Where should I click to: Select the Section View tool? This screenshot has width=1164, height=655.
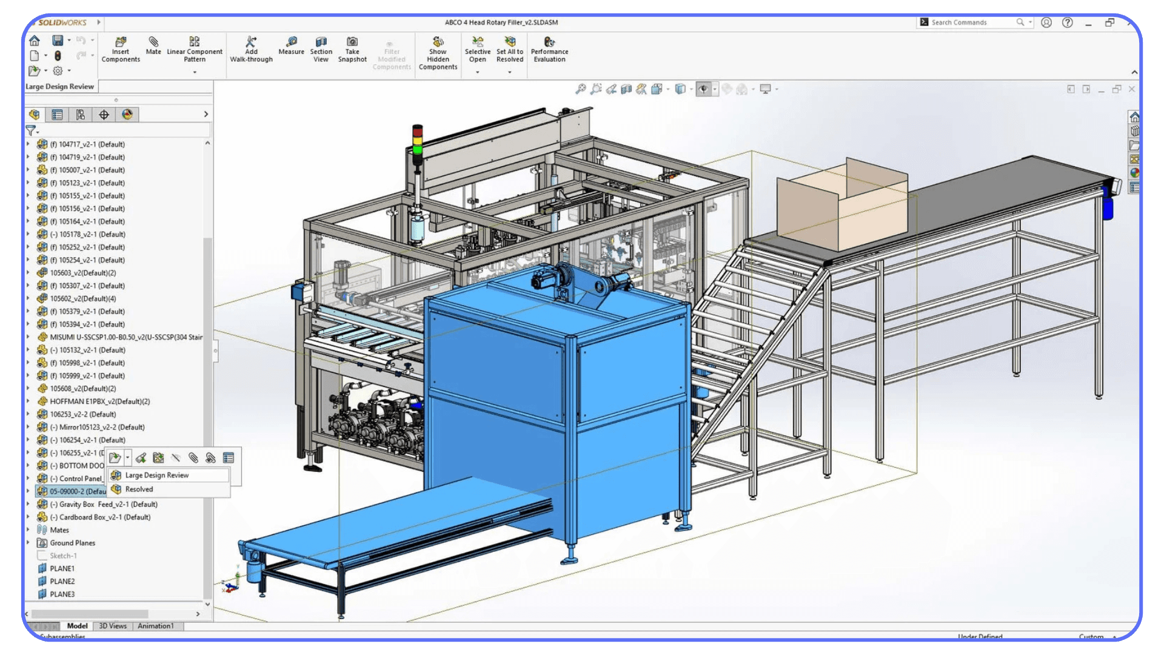point(321,49)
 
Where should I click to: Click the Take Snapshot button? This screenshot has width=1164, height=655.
point(352,49)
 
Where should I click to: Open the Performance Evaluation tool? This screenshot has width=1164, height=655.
point(549,49)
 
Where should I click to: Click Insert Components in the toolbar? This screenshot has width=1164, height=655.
point(121,49)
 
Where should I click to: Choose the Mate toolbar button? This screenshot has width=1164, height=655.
point(153,45)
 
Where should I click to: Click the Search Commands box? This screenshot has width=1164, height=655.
point(970,22)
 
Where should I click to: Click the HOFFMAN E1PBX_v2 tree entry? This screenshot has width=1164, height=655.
point(99,401)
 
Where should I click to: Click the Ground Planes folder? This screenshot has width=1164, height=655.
point(72,543)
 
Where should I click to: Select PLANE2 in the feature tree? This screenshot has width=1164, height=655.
point(62,582)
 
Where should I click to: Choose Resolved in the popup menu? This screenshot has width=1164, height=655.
point(139,489)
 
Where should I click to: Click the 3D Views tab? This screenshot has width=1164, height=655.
point(113,626)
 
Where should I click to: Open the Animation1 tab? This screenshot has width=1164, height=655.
point(155,626)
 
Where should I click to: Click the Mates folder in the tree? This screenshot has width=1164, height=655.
point(59,530)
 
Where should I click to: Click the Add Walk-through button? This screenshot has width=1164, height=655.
point(251,49)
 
